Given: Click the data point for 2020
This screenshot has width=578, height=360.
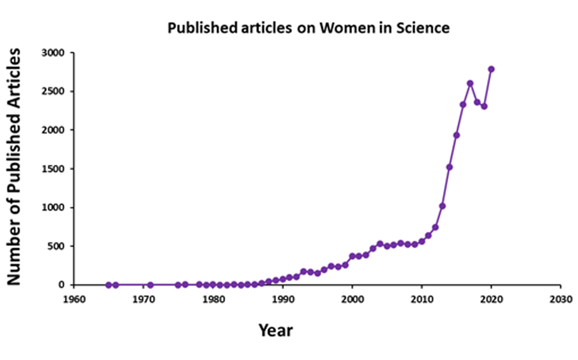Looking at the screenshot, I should [492, 69].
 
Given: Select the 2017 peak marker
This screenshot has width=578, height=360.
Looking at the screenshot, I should [470, 83].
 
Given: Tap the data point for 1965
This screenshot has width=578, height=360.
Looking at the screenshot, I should [109, 285].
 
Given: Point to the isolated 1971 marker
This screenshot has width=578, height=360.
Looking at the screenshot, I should [150, 285].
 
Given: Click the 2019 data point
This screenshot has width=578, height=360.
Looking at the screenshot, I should [484, 106].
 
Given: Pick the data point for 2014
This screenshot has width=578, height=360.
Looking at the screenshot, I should [449, 167].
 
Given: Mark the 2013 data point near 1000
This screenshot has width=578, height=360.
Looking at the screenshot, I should [442, 206].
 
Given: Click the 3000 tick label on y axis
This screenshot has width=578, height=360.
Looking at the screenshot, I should [53, 53].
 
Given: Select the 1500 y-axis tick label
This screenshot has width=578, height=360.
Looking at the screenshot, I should [53, 169].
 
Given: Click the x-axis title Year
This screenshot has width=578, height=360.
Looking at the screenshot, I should [276, 329].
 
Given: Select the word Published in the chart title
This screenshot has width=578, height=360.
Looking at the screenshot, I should [194, 28].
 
